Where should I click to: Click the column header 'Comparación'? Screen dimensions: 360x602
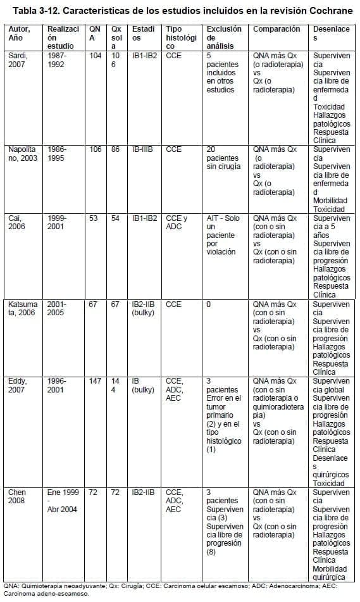click(x=276, y=30)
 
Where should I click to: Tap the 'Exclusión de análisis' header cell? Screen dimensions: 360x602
click(x=224, y=38)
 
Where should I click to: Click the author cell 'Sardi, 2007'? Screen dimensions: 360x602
click(x=18, y=60)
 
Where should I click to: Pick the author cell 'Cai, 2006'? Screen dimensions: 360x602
click(x=16, y=222)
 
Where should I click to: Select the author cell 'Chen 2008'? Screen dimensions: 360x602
click(x=16, y=496)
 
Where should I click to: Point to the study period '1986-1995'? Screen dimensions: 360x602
click(x=57, y=153)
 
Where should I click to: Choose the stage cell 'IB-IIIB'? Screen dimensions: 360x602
click(x=144, y=149)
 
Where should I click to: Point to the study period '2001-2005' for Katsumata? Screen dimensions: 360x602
click(x=57, y=308)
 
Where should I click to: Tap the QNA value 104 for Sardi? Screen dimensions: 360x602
click(x=96, y=56)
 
